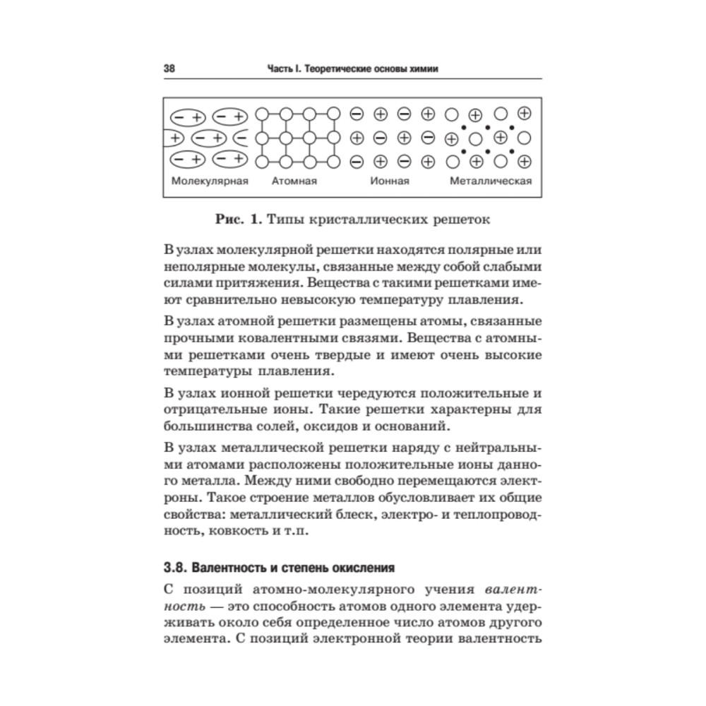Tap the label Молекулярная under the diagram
[210, 181]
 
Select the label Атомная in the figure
[294, 181]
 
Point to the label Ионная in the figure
[390, 181]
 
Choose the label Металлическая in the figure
[491, 181]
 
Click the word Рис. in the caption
[230, 220]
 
